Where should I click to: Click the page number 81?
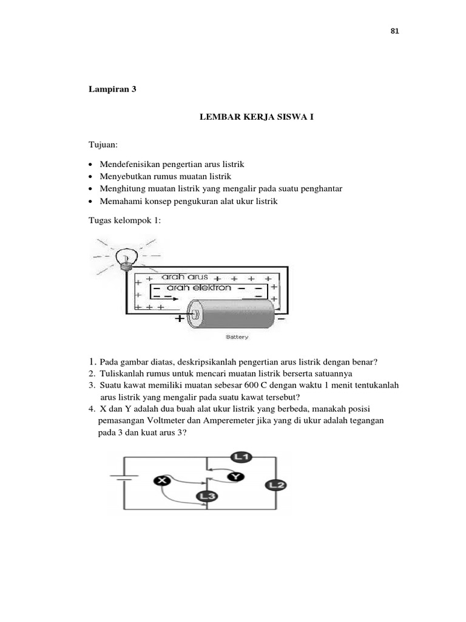(394, 32)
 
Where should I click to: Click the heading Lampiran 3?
(112, 89)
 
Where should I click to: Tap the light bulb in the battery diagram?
(126, 255)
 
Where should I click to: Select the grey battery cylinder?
(234, 312)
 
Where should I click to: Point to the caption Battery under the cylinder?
(237, 337)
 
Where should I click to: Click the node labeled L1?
(240, 457)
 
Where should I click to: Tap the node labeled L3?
(207, 496)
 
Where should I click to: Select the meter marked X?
(162, 481)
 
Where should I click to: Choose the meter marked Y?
(235, 477)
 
